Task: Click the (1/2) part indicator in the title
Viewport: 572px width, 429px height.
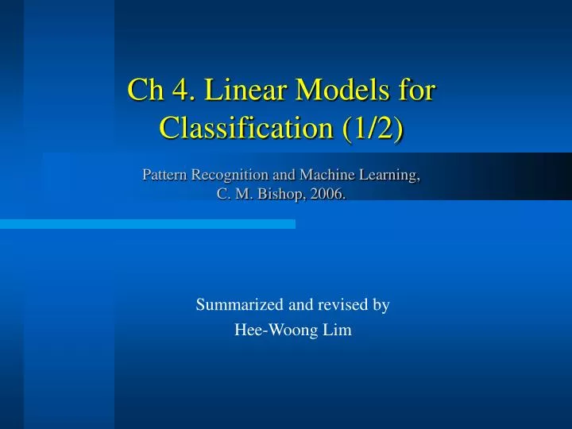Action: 372,127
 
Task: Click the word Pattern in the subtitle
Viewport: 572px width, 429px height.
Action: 164,176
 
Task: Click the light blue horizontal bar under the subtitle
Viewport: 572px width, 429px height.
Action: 148,225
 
